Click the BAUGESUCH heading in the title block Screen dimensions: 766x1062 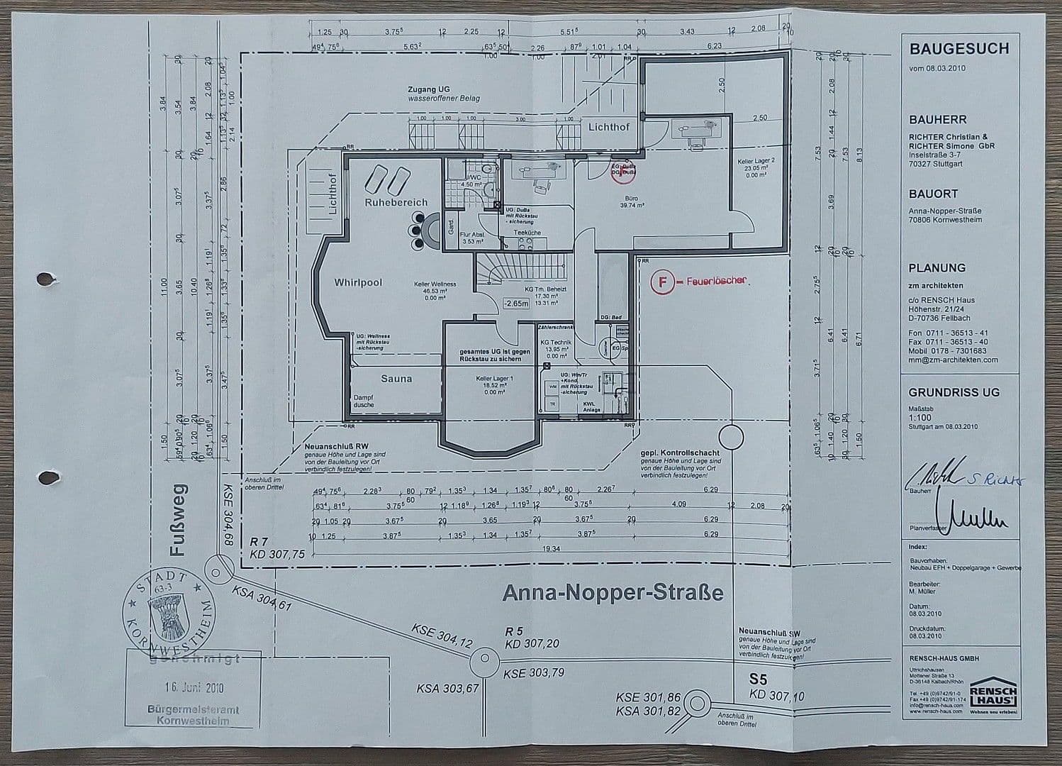click(x=958, y=49)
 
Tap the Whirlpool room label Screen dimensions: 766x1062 click(x=358, y=282)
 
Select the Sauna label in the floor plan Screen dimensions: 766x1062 click(x=396, y=379)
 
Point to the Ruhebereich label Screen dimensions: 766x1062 click(x=396, y=202)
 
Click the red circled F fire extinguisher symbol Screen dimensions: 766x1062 click(x=662, y=282)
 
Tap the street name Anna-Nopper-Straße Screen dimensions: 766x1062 click(x=613, y=592)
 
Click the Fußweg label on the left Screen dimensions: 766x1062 click(x=179, y=520)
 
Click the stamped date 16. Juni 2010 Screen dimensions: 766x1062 click(x=190, y=687)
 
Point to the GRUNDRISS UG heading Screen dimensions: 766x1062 click(x=954, y=392)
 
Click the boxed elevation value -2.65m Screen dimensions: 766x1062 click(x=515, y=304)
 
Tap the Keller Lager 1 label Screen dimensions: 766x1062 click(x=494, y=379)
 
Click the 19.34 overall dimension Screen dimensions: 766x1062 click(x=551, y=548)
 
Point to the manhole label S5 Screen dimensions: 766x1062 click(x=759, y=679)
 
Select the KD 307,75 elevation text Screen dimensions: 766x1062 click(x=277, y=555)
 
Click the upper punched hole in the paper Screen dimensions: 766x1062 click(x=45, y=279)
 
